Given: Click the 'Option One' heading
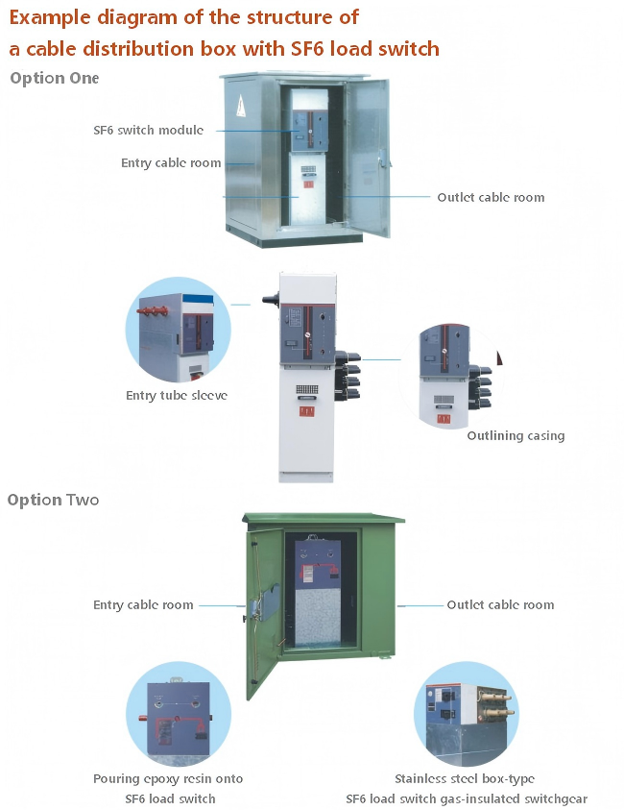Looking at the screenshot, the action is (x=54, y=78).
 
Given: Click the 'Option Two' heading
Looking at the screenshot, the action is (x=53, y=500).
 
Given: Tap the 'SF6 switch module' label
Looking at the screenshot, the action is (x=148, y=130).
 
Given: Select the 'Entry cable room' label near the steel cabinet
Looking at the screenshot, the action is (x=171, y=162).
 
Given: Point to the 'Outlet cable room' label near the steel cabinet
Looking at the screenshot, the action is (x=491, y=197).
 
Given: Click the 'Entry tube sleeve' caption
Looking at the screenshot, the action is (x=177, y=395).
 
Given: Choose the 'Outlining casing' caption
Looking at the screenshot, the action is (x=516, y=435).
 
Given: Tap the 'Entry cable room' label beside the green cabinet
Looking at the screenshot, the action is (x=143, y=605).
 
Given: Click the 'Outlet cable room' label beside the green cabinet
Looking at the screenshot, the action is (x=500, y=605).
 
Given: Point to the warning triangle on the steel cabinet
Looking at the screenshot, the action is (x=241, y=106).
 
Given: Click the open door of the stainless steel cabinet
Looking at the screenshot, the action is (x=368, y=158).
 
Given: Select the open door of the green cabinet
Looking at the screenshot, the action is (x=264, y=610).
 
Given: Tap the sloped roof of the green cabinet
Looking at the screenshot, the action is (x=324, y=518).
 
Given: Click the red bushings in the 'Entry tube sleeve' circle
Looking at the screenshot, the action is (x=153, y=311).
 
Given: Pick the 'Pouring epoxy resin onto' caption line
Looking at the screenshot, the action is (x=168, y=779).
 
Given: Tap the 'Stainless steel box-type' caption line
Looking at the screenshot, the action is (x=465, y=779).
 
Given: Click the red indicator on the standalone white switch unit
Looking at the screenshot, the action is (x=306, y=411).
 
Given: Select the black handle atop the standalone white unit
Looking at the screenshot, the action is (x=271, y=299).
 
